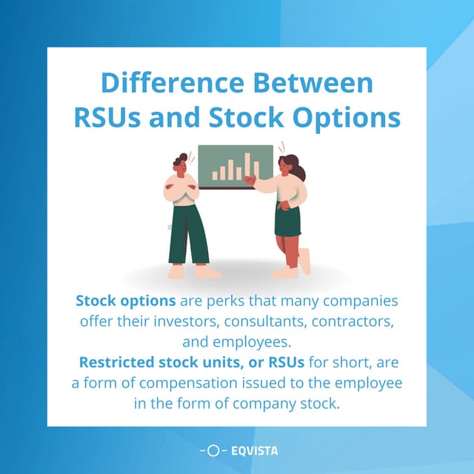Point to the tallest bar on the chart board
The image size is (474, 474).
tap(247, 167)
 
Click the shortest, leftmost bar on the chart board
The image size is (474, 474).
tap(215, 176)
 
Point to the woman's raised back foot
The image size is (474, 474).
tap(304, 260)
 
